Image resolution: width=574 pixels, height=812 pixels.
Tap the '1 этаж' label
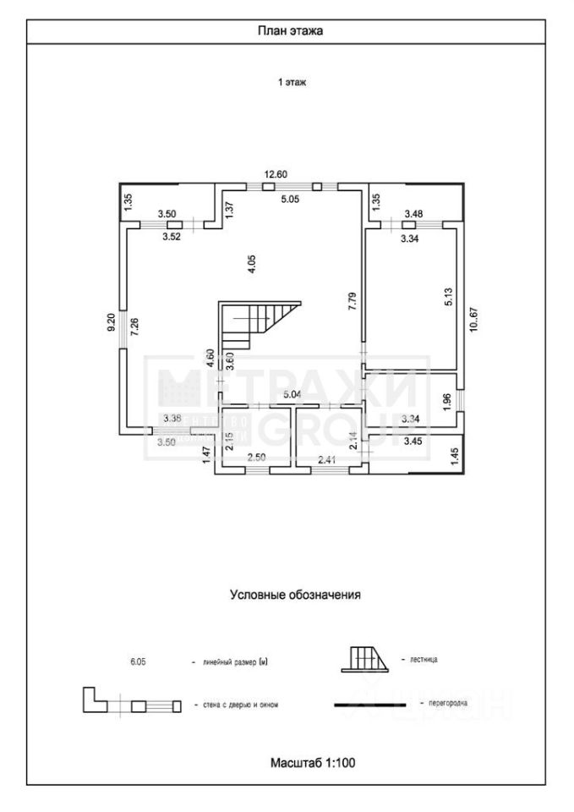coord(292,83)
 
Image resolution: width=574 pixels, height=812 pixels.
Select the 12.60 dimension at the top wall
coord(276,175)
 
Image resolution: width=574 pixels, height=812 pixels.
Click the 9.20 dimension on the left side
coord(111,323)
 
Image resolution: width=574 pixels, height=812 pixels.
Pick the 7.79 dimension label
coord(352,302)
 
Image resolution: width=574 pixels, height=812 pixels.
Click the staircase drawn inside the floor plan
coord(259,324)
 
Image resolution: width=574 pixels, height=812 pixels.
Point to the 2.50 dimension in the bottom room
coord(257,459)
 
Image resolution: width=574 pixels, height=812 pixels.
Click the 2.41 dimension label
coord(327,459)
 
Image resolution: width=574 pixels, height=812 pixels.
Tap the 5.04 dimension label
coord(292,395)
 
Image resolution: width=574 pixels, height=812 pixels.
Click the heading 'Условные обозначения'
coord(296,595)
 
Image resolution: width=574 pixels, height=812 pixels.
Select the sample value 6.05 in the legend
coord(139,662)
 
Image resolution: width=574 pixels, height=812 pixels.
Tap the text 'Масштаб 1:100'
coord(312,762)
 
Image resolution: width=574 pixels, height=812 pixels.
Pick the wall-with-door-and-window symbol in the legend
coord(132,703)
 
